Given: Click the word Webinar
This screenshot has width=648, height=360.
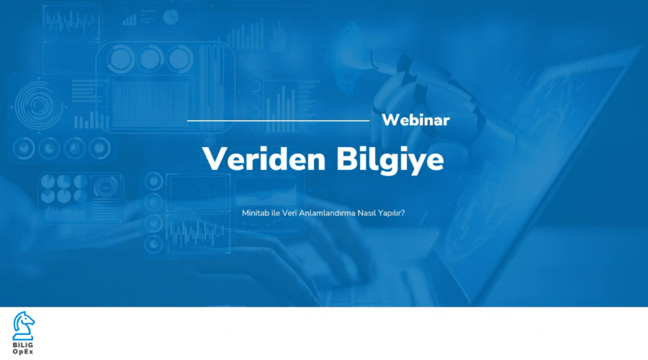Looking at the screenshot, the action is pos(415,120).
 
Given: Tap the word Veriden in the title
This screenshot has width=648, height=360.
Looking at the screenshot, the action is pos(264,159).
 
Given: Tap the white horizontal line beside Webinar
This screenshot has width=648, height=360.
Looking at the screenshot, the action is pos(278,121).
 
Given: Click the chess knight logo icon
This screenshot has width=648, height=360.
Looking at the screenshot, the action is pos(23,325).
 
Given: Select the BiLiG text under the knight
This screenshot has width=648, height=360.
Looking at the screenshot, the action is pos(23,345).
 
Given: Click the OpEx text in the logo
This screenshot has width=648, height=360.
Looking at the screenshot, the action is pos(23,352).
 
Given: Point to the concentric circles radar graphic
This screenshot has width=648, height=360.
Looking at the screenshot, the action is pos(38,105).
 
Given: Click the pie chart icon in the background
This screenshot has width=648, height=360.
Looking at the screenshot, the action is pos(171,17).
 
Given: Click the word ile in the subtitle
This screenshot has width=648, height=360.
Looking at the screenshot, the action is pos(276,213).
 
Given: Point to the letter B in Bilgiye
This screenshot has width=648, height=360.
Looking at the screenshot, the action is pos(347,158).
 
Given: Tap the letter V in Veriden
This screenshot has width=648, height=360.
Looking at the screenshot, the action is pos(215,158).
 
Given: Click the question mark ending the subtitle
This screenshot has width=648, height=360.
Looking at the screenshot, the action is pos(403,213).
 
